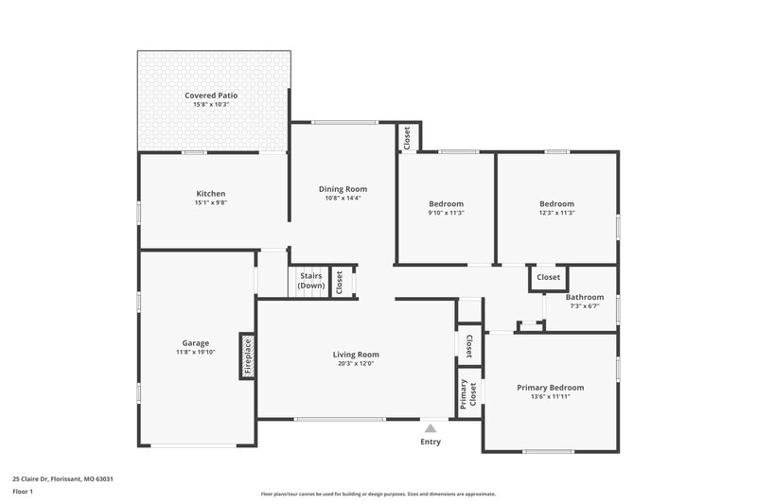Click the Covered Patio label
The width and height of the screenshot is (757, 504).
tap(211, 96)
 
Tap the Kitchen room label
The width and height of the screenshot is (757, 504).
tap(210, 194)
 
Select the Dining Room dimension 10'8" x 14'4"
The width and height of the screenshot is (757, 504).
tap(343, 199)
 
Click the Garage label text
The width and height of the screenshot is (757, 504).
tap(196, 343)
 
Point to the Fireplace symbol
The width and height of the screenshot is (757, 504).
tap(247, 356)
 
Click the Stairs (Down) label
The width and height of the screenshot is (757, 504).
tap(310, 281)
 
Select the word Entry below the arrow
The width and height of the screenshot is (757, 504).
tap(430, 442)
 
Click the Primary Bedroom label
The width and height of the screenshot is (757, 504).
tap(550, 388)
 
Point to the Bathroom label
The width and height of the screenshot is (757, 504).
tap(584, 297)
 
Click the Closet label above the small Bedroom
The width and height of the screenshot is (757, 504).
tap(407, 138)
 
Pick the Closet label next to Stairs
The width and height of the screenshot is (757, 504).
tap(339, 283)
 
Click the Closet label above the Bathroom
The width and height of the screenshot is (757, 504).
tap(548, 277)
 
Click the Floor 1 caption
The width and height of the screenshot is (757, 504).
tap(23, 492)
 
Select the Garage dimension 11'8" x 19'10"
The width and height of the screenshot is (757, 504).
tap(196, 353)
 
